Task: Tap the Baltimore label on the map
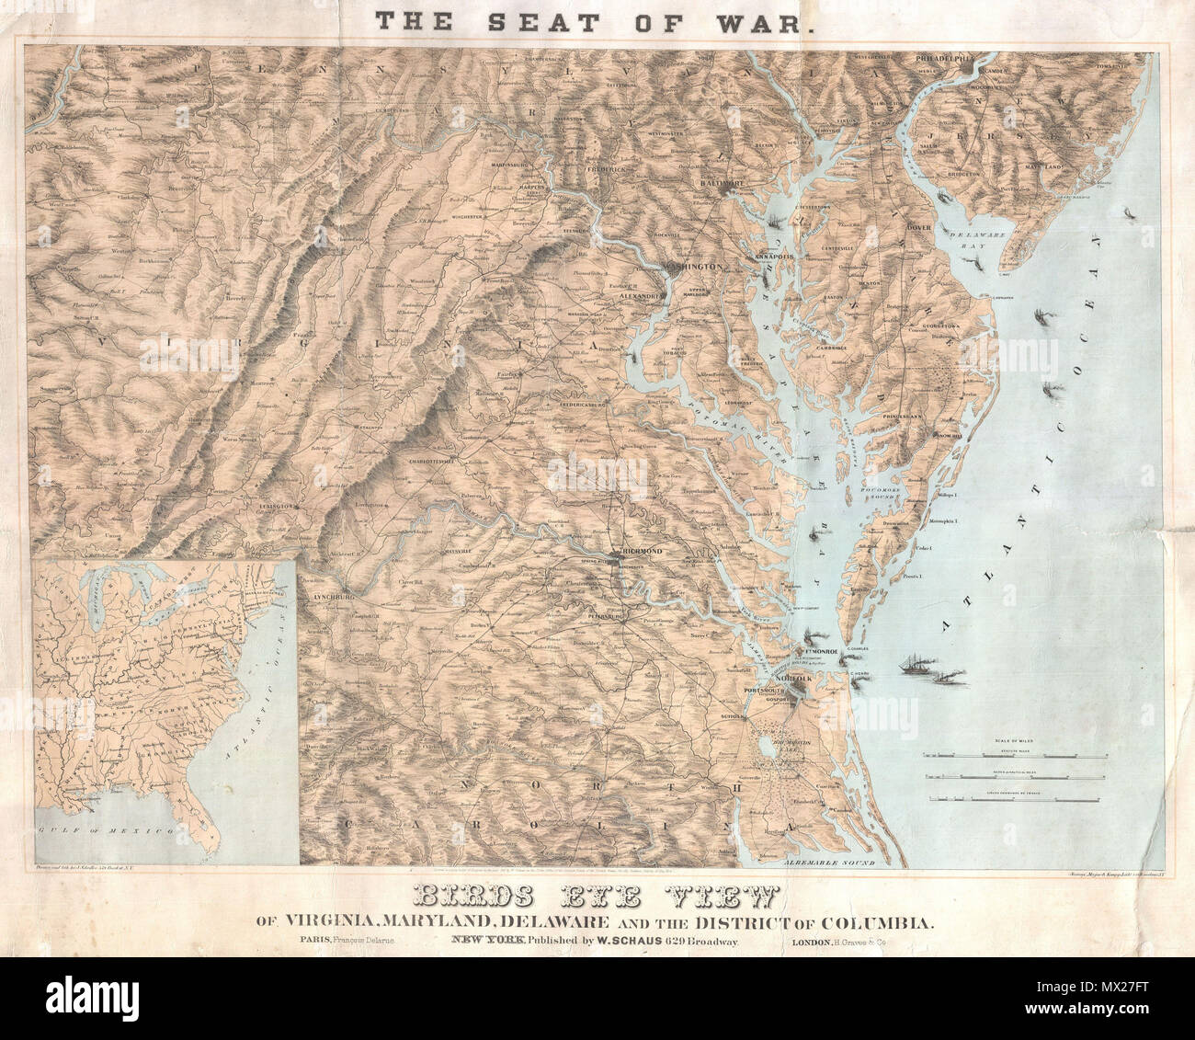tap(725, 183)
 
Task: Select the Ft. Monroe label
tap(820, 652)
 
